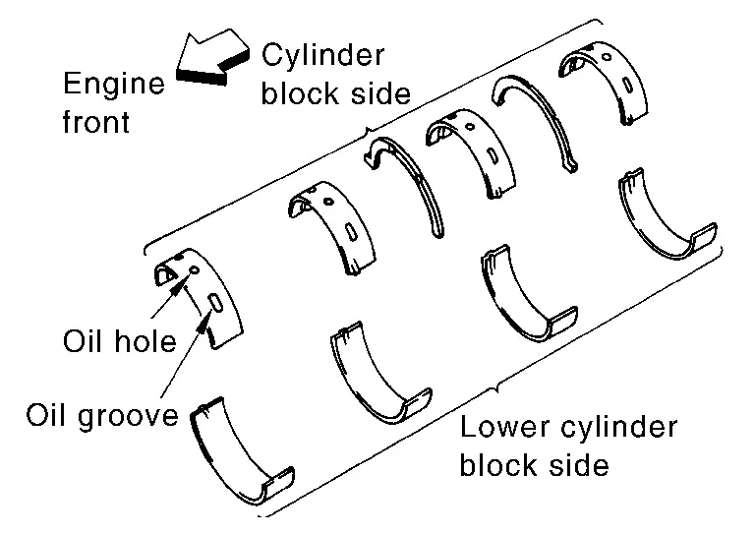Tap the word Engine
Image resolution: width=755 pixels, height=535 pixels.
click(x=114, y=85)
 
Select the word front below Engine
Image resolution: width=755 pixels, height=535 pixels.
click(x=96, y=121)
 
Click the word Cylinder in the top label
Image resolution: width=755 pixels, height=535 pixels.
click(x=323, y=55)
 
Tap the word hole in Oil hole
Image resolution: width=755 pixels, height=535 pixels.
click(x=145, y=341)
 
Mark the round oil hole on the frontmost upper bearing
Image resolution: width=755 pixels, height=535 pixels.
click(x=194, y=270)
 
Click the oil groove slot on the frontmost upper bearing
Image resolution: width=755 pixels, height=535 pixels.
click(x=215, y=303)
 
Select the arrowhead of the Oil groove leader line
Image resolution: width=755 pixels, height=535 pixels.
click(x=204, y=321)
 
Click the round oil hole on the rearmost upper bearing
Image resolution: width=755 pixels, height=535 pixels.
click(x=608, y=57)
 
